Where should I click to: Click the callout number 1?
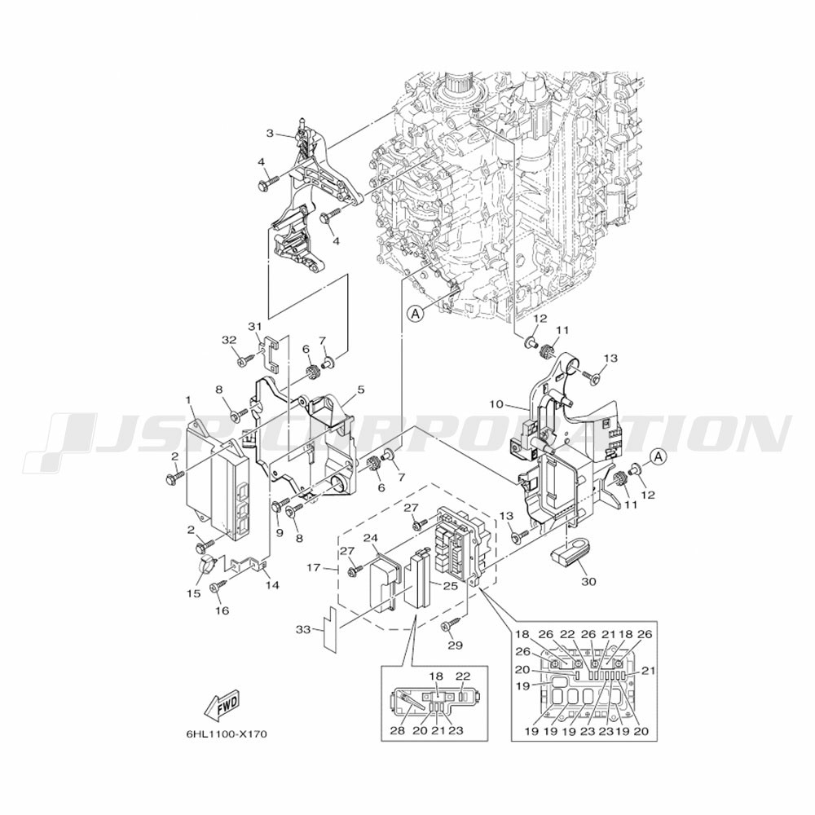pos(188,400)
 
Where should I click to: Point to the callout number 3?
pos(269,133)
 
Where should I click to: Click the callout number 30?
pos(588,583)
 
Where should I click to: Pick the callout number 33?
pos(303,629)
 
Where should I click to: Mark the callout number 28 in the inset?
pos(397,730)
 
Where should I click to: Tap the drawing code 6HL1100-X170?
pos(226,734)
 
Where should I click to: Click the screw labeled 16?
pos(217,587)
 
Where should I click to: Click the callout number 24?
pos(371,538)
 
